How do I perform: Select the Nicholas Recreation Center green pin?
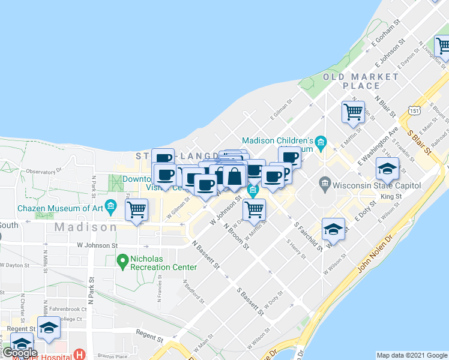(122, 260)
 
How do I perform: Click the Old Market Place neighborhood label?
(361, 81)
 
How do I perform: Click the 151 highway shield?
(412, 111)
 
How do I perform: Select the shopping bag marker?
(234, 175)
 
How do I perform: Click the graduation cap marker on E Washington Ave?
(388, 170)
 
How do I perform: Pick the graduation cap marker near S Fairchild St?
(334, 229)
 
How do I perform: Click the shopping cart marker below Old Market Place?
(353, 112)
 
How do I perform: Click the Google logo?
(20, 352)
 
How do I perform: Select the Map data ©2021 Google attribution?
(412, 355)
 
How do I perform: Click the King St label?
(391, 196)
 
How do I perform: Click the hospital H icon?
(77, 355)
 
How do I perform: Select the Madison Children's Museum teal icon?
(321, 142)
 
